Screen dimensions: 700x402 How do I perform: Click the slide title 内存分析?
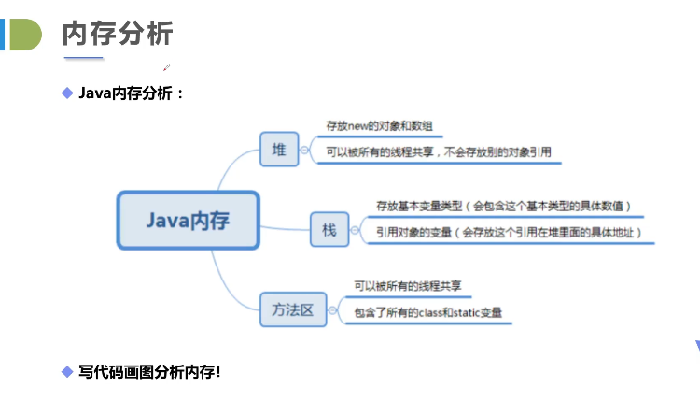(117, 34)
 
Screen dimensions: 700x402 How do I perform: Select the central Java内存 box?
(188, 221)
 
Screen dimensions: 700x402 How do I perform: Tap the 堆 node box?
(278, 150)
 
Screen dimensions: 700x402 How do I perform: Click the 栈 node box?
(329, 229)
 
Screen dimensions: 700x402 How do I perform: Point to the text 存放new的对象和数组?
(379, 125)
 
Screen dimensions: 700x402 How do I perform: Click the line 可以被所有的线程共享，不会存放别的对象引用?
(438, 151)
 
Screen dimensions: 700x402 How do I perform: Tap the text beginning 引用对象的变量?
(509, 232)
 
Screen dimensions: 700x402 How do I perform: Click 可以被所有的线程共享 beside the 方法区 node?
(409, 286)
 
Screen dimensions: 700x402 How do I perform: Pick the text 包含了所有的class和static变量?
(427, 312)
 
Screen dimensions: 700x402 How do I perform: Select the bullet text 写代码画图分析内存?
(150, 371)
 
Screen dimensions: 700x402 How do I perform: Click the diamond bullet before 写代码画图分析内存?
(66, 371)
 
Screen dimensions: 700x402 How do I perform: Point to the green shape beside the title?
(25, 34)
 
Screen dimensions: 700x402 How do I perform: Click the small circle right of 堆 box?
(304, 150)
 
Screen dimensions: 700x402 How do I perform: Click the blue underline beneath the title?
(83, 59)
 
